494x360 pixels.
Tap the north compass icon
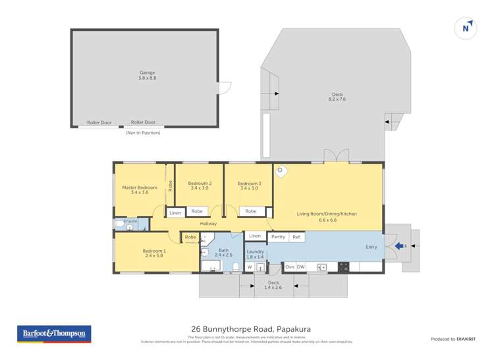pyautogui.click(x=466, y=28)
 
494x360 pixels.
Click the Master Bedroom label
pyautogui.click(x=140, y=188)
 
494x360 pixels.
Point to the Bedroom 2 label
pyautogui.click(x=200, y=183)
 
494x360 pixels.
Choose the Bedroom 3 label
pyautogui.click(x=250, y=183)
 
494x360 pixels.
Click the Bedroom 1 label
pyautogui.click(x=154, y=251)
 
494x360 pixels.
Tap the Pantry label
pyautogui.click(x=278, y=237)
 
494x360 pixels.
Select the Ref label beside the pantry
pyautogui.click(x=296, y=237)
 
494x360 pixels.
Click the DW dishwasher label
pyautogui.click(x=300, y=267)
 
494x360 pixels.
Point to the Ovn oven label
pyautogui.click(x=289, y=267)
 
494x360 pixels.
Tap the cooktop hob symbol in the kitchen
pyautogui.click(x=343, y=267)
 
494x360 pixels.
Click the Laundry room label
pyautogui.click(x=256, y=251)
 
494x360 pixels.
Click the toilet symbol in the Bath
pyautogui.click(x=236, y=266)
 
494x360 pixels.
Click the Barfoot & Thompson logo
pyautogui.click(x=54, y=334)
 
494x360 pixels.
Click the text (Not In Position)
pyautogui.click(x=143, y=133)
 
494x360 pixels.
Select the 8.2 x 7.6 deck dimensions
pyautogui.click(x=337, y=99)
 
